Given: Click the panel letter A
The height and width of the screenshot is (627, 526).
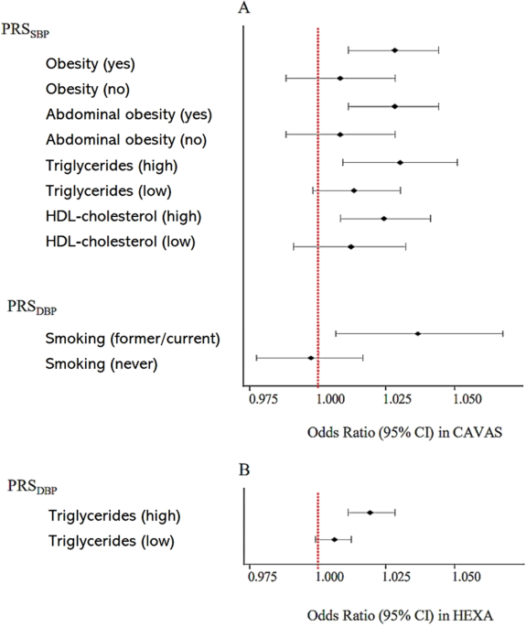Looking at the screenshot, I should click(244, 9).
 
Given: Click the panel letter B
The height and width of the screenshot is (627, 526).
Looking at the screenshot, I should click(243, 472).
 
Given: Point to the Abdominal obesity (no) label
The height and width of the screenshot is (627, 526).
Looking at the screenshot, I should click(125, 140).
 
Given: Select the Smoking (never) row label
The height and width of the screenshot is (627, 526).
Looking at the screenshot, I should click(101, 364).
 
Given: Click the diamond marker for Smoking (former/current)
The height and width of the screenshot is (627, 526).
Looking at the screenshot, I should click(418, 333).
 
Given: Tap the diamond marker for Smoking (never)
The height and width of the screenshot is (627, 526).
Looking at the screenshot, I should click(311, 358).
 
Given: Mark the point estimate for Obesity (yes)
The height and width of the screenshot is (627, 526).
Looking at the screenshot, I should click(394, 50).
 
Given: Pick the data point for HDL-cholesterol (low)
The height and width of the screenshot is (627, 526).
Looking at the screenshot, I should click(350, 246).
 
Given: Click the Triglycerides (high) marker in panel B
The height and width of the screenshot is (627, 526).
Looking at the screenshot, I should click(370, 513).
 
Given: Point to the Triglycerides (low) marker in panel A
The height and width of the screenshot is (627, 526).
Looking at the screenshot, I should click(354, 190).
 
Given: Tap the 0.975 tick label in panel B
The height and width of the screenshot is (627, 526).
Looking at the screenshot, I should click(264, 578).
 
